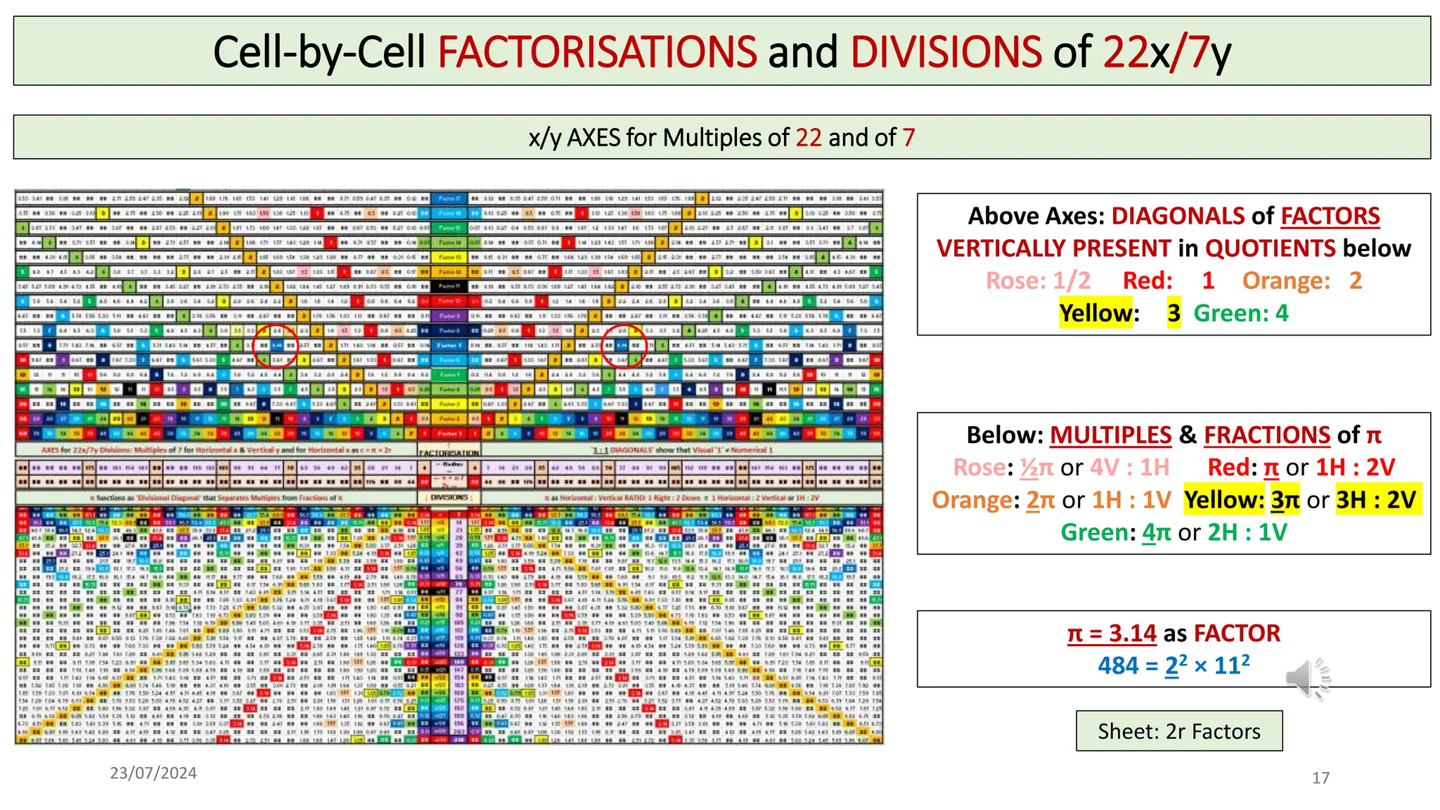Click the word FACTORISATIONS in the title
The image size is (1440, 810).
(597, 52)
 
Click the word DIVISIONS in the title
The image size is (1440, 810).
(946, 52)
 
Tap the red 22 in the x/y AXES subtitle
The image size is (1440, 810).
(809, 137)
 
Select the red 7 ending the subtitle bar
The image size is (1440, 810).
(908, 137)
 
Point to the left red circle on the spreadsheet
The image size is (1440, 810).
(276, 345)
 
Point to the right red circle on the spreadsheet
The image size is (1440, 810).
(624, 345)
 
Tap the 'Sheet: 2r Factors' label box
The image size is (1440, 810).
(1179, 731)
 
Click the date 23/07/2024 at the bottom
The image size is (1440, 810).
(153, 773)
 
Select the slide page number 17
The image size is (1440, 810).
(1320, 778)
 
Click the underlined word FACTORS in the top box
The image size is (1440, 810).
(1330, 216)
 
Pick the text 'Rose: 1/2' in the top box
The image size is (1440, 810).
(1038, 281)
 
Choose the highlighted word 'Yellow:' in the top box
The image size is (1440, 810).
(1099, 313)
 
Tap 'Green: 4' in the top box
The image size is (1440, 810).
(1241, 313)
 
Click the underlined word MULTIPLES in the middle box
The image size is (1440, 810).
(1111, 435)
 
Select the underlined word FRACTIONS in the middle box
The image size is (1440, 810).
(1267, 435)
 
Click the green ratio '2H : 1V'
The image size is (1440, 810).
(1247, 532)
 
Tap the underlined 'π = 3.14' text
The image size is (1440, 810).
(1112, 634)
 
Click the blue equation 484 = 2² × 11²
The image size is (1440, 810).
(1174, 665)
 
